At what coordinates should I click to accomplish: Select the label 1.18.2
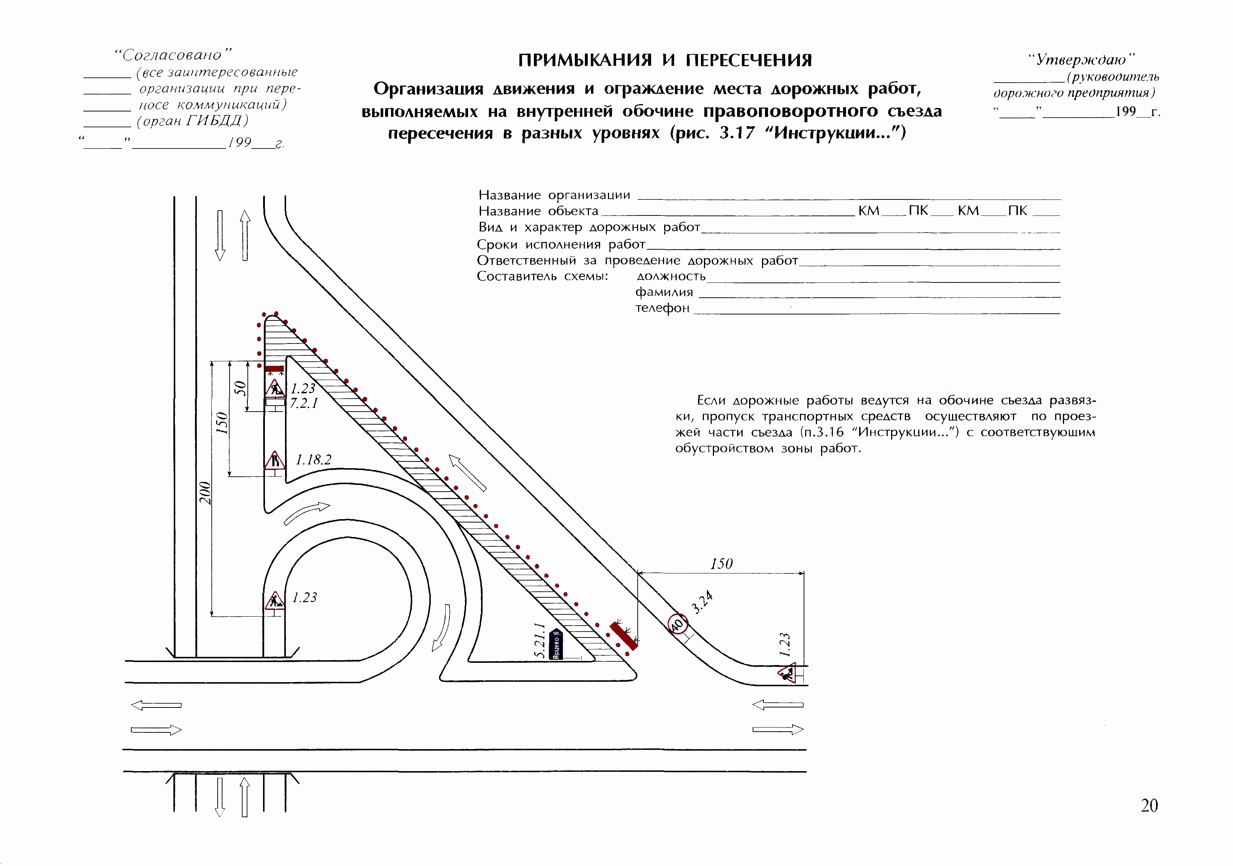[x=314, y=460]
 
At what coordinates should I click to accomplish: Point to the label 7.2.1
[x=304, y=403]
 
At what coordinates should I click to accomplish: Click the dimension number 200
[x=205, y=493]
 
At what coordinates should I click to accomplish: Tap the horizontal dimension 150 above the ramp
[x=721, y=563]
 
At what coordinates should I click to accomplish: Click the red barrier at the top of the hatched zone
[x=275, y=368]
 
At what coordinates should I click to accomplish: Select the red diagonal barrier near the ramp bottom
[x=624, y=636]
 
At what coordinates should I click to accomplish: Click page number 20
[x=1149, y=806]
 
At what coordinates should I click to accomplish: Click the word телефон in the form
[x=662, y=309]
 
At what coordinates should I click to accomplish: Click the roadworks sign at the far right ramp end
[x=787, y=672]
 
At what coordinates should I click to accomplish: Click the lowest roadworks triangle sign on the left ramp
[x=275, y=601]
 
